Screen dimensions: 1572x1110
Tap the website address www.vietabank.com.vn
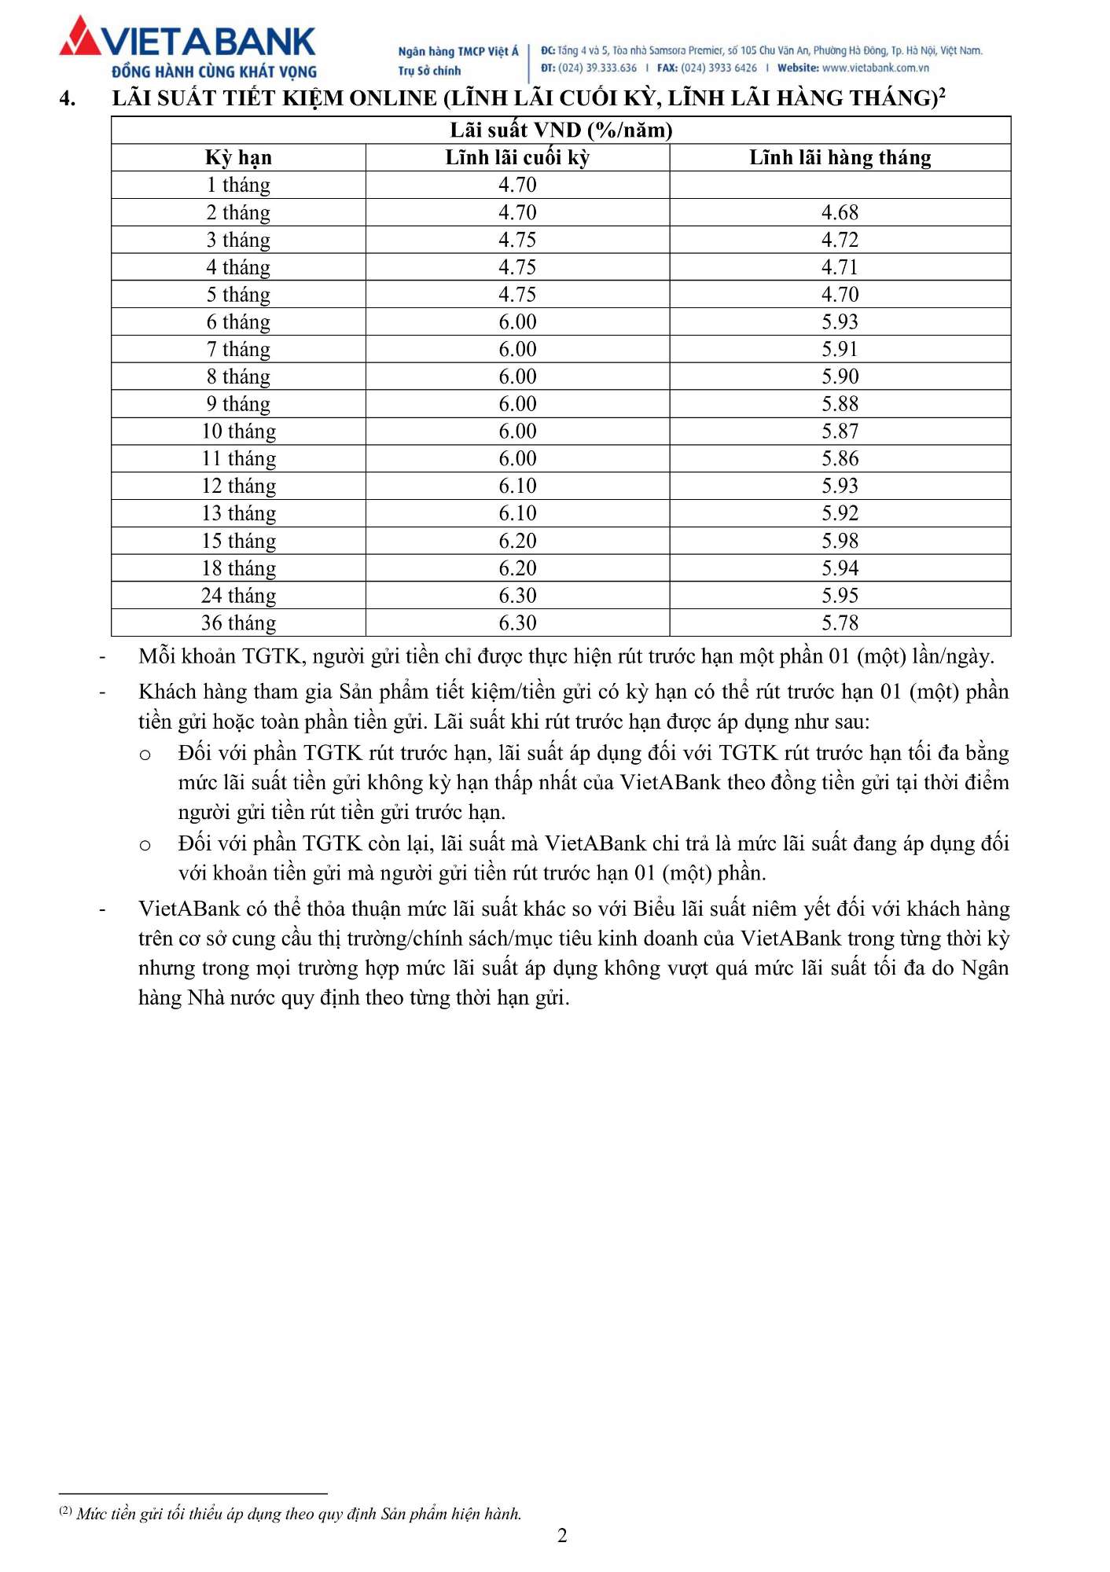tap(875, 68)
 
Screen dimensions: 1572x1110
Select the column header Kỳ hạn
tap(238, 158)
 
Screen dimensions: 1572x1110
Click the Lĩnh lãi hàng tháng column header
tap(840, 158)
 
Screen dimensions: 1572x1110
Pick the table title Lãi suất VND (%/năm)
tap(561, 130)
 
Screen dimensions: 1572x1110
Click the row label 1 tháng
tap(238, 185)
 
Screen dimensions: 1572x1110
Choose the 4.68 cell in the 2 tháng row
tap(840, 213)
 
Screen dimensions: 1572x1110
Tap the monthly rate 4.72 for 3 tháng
tap(840, 240)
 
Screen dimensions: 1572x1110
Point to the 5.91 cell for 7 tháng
tap(840, 349)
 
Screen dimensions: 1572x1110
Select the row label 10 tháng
tap(238, 432)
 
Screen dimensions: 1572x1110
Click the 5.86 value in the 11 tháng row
tap(840, 459)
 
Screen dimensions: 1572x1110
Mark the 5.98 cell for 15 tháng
tap(840, 541)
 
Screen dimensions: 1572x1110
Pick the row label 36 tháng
tap(238, 623)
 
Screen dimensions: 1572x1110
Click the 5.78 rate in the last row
tap(840, 623)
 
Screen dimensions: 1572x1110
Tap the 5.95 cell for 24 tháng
tap(840, 596)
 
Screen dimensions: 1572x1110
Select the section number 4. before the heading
tap(68, 99)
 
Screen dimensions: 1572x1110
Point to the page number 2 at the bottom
tap(562, 1536)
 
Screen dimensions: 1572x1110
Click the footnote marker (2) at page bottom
tap(66, 1511)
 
